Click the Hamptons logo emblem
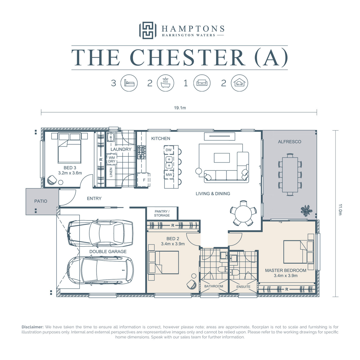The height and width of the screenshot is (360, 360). [148, 30]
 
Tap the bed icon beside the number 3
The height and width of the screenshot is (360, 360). [129, 83]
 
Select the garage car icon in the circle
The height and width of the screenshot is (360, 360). [239, 83]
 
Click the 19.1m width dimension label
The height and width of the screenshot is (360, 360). [180, 108]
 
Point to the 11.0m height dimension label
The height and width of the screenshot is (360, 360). [340, 209]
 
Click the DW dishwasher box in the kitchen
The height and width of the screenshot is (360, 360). [169, 150]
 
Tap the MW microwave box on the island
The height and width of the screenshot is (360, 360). [169, 175]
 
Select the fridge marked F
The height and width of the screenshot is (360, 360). [144, 180]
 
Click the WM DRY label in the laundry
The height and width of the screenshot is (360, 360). [112, 159]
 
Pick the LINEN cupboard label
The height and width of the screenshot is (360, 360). [111, 172]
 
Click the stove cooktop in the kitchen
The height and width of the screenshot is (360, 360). [142, 152]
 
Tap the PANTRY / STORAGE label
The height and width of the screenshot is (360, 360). [162, 213]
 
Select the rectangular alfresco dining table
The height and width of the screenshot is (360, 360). [290, 175]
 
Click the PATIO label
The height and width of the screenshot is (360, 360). [40, 201]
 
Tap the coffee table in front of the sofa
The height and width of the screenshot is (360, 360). [222, 158]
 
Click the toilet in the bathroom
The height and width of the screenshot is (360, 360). [222, 269]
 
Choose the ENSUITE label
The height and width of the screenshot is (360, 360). [243, 286]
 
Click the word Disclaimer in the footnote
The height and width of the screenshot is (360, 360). [32, 327]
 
